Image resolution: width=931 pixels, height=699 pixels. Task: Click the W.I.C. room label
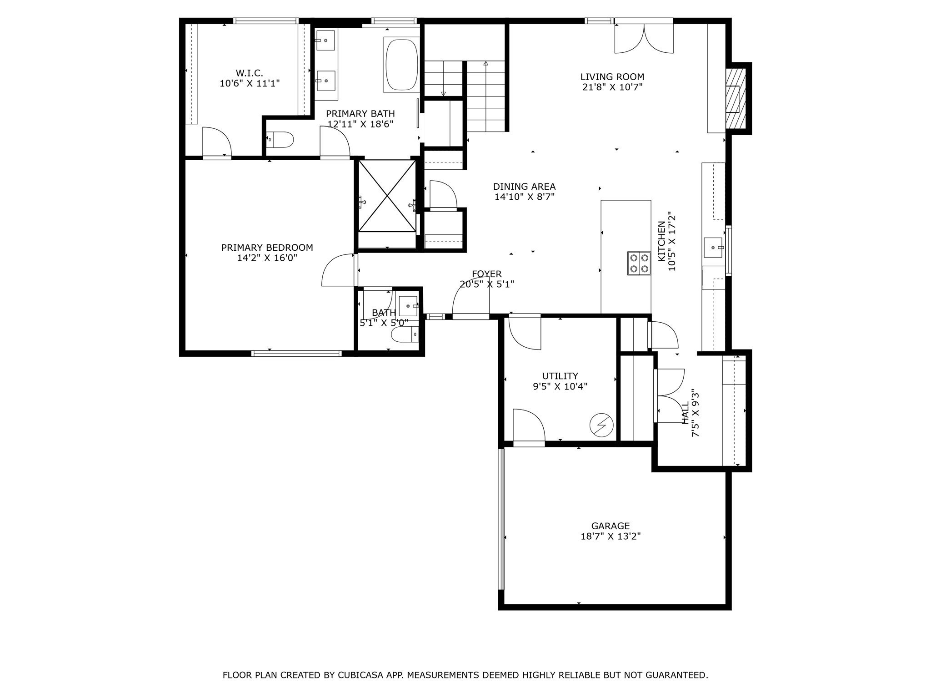point(249,73)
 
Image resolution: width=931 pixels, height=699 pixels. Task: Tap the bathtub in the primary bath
point(401,65)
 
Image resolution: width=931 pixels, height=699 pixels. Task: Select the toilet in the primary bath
point(281,139)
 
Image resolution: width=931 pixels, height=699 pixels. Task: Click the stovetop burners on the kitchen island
point(638,263)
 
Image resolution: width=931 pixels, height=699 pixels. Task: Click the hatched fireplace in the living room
point(735,98)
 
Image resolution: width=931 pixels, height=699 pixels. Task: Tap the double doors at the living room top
point(644,38)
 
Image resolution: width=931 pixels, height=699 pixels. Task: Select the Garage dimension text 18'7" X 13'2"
point(611,536)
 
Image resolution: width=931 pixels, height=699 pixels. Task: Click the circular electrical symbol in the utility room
point(601,426)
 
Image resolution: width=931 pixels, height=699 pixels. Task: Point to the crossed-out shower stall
point(387,196)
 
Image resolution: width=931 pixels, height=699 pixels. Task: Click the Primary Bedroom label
point(267,248)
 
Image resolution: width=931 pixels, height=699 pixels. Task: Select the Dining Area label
point(524,187)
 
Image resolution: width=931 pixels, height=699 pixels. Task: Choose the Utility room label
point(560,376)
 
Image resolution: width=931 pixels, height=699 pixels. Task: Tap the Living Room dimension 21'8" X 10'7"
point(612,87)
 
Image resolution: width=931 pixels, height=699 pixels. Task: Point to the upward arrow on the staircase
point(486,64)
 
